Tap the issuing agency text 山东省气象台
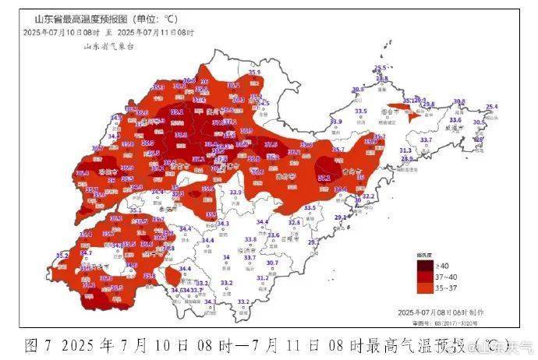tap(109, 47)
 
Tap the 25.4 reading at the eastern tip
tap(491, 107)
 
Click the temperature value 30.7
tap(272, 263)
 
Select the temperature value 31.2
tap(262, 277)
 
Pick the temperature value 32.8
tap(294, 223)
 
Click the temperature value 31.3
tap(405, 150)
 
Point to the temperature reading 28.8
tap(406, 159)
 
